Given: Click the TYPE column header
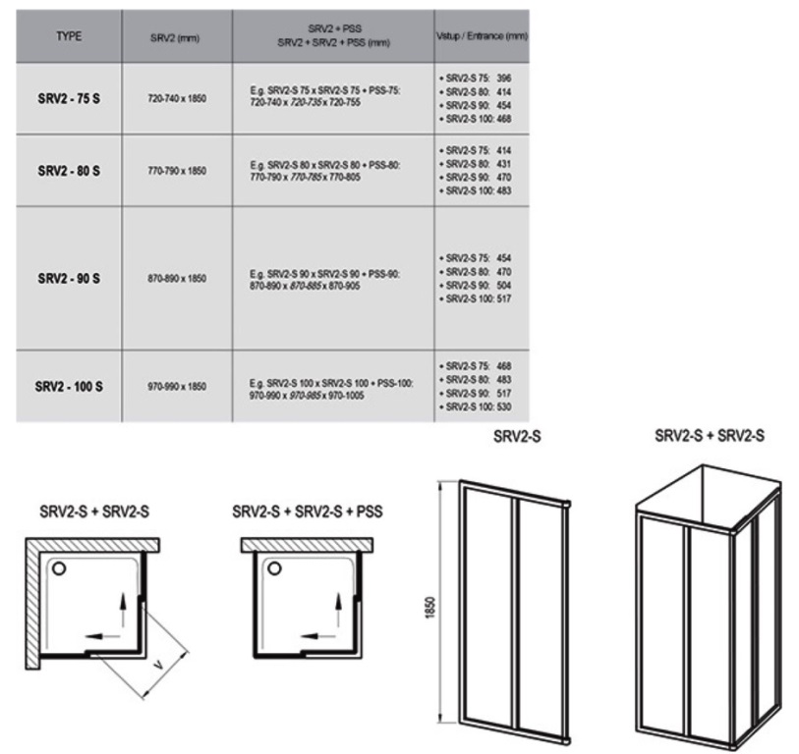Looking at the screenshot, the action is coord(69,36).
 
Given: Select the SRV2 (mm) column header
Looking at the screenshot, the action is coord(175,38).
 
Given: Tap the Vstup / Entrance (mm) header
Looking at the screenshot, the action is coord(482,36).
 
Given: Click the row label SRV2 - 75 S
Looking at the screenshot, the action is coord(69,98).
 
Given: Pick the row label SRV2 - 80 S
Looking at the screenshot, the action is coord(69,171).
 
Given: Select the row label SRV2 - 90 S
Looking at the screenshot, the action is coord(69,279).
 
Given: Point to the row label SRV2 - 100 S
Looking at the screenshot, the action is coord(69,387).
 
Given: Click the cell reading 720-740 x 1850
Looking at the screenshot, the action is coord(177,98).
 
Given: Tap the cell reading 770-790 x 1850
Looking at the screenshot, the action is coord(177,171).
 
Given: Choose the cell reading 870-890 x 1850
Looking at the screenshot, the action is coord(177,279).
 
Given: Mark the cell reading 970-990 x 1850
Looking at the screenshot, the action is coord(177,387).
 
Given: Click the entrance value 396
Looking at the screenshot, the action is coord(503,79).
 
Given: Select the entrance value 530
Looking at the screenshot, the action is coord(503,406).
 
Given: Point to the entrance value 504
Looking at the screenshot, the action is coord(503,285).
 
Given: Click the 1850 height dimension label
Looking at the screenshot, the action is coord(430,608).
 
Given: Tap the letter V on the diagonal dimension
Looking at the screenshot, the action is coord(159,665).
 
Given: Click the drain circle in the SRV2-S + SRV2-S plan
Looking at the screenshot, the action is coord(59,568).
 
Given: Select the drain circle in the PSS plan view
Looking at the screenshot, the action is coord(274,568).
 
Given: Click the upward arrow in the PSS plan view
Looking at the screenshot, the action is coord(338,609).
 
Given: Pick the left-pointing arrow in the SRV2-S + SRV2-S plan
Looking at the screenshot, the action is coord(102,636).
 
